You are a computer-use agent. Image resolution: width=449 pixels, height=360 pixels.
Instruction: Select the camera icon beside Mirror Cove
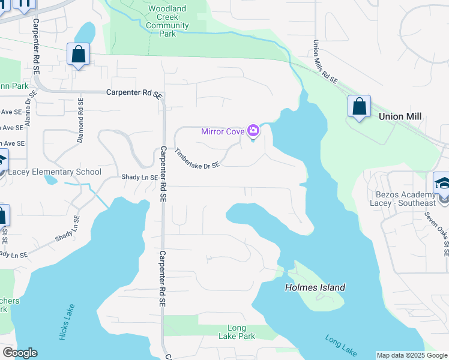coord(253,131)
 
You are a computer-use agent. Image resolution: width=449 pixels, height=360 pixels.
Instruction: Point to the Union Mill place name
coord(400,116)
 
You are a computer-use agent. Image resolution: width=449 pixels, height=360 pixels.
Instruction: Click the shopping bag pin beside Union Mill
coord(359,107)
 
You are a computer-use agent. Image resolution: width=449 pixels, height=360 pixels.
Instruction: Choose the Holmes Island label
coord(315,287)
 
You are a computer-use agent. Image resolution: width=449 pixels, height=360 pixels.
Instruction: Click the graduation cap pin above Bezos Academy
coord(442,182)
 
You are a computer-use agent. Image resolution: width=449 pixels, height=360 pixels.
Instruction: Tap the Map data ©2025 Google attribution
coord(412,355)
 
